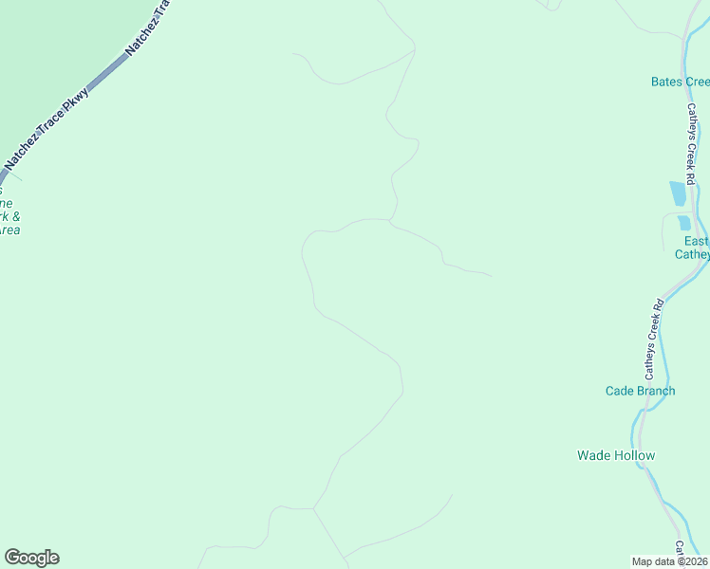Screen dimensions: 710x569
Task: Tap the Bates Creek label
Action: pyautogui.click(x=680, y=82)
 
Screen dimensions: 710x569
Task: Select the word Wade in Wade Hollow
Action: pyautogui.click(x=593, y=455)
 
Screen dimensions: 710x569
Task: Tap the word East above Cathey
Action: pyautogui.click(x=697, y=241)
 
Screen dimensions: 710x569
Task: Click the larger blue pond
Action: pyautogui.click(x=677, y=193)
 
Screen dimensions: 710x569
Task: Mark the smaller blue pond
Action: pyautogui.click(x=683, y=223)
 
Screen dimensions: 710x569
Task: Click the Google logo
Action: pyautogui.click(x=31, y=558)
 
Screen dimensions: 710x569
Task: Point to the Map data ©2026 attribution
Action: pyautogui.click(x=670, y=560)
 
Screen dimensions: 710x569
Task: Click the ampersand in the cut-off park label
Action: pyautogui.click(x=16, y=216)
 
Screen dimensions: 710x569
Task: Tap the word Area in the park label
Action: pyautogui.click(x=9, y=229)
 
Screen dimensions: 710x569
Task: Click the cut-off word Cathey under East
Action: pyautogui.click(x=692, y=254)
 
